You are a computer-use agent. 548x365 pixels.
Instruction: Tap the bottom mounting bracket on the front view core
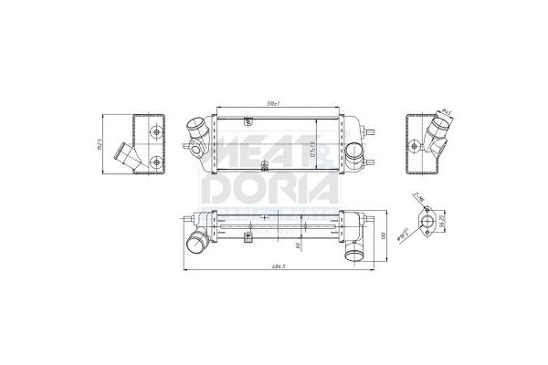coord(264,166)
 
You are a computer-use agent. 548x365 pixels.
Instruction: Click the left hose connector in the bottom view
coord(196,243)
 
